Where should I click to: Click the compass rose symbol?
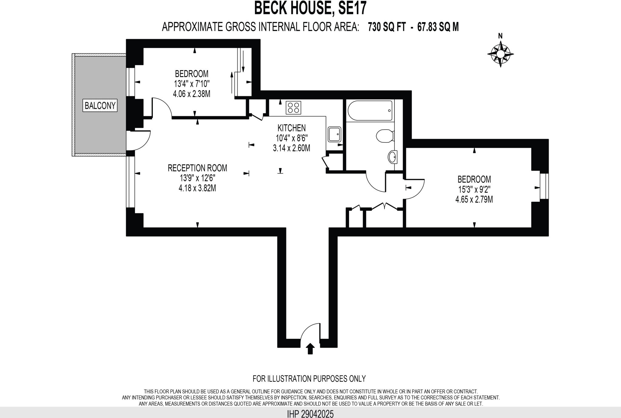pyautogui.click(x=500, y=54)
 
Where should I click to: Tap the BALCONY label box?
pyautogui.click(x=100, y=106)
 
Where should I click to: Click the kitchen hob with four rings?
pyautogui.click(x=294, y=107)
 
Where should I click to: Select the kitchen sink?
pyautogui.click(x=335, y=134)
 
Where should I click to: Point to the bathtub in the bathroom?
pyautogui.click(x=370, y=111)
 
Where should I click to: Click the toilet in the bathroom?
pyautogui.click(x=384, y=136)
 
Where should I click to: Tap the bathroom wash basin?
pyautogui.click(x=392, y=157)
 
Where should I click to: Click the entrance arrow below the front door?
pyautogui.click(x=310, y=349)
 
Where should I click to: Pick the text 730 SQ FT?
pyautogui.click(x=387, y=27)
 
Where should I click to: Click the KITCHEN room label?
pyautogui.click(x=291, y=128)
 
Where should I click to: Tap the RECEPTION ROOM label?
pyautogui.click(x=197, y=168)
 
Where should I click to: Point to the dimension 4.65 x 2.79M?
pyautogui.click(x=474, y=200)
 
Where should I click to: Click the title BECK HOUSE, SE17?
pyautogui.click(x=310, y=8)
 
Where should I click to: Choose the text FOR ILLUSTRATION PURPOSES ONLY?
pyautogui.click(x=309, y=379)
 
